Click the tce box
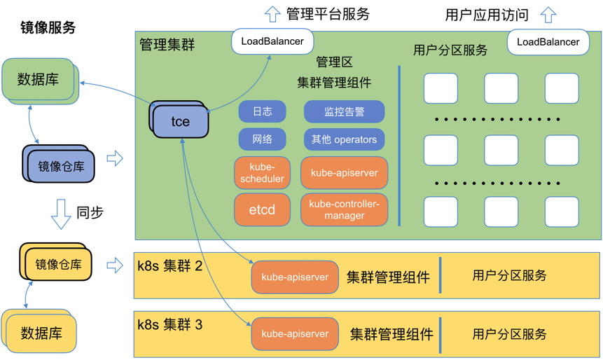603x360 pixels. pos(180,121)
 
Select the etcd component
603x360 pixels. pos(262,209)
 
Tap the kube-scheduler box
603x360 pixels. pos(262,173)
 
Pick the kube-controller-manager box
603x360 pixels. pos(344,209)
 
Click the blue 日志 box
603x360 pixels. pos(262,111)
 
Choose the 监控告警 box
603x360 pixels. pos(344,111)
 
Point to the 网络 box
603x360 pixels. pos(262,139)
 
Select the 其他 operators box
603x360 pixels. pos(344,139)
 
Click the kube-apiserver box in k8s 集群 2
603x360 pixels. pos(295,277)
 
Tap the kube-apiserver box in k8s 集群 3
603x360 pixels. pos(295,334)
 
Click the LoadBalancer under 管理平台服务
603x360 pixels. pos(272,41)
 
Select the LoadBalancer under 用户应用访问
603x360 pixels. pos(548,42)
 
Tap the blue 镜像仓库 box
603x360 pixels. pos(61,167)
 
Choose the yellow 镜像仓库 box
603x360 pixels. pos(58,265)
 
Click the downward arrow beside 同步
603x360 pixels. pos(61,214)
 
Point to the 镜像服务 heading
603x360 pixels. pos(48,28)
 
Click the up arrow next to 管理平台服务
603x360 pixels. pos(272,13)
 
